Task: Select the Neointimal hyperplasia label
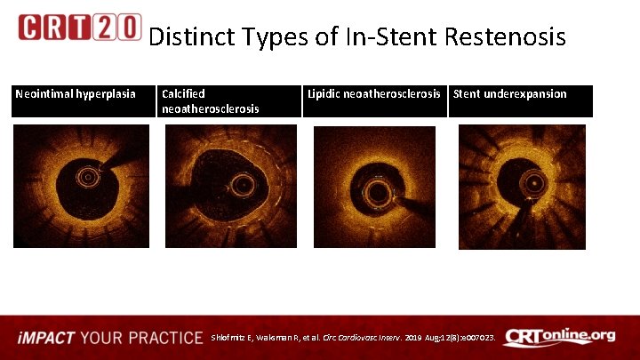pyautogui.click(x=76, y=93)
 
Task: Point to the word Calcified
pyautogui.click(x=183, y=93)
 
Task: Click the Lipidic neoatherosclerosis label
pyautogui.click(x=374, y=93)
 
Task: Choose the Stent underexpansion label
pyautogui.click(x=510, y=93)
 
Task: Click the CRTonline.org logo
pyautogui.click(x=559, y=336)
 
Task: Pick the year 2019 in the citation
pyautogui.click(x=417, y=338)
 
